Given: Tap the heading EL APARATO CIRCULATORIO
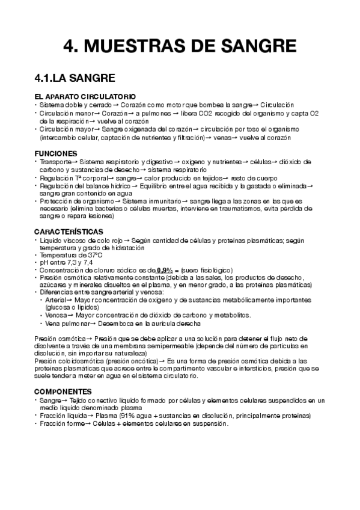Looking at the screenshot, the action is [85, 97].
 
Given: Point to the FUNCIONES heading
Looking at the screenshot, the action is [56, 153].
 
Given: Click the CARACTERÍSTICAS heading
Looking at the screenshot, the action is [68, 232].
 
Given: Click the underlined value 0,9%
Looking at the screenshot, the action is [164, 270].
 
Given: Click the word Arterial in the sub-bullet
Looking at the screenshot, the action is [56, 300].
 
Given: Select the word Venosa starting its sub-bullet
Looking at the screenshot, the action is [56, 315].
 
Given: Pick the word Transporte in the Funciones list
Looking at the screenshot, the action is [56, 162].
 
